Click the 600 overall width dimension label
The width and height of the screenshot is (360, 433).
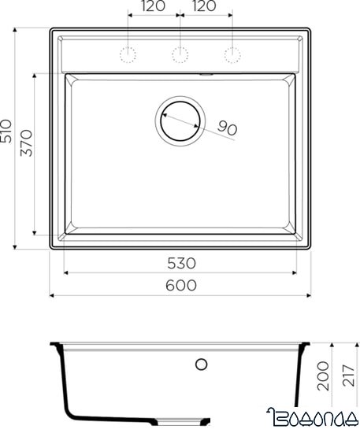pyautogui.click(x=180, y=286)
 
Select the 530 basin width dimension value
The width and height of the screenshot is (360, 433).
pyautogui.click(x=180, y=262)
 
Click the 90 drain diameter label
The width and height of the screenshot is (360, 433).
pyautogui.click(x=228, y=128)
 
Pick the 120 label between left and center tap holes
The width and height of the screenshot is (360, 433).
pyautogui.click(x=154, y=7)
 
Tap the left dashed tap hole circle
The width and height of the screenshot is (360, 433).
pyautogui.click(x=128, y=54)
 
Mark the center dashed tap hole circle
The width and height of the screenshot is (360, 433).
pyautogui.click(x=180, y=54)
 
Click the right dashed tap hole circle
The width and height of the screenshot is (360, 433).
pyautogui.click(x=232, y=54)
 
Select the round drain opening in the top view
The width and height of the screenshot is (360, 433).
pyautogui.click(x=180, y=120)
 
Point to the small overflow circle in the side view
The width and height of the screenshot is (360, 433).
pyautogui.click(x=201, y=365)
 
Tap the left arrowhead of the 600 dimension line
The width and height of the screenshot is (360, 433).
pyautogui.click(x=53, y=296)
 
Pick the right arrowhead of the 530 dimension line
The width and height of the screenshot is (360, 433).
pyautogui.click(x=295, y=272)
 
